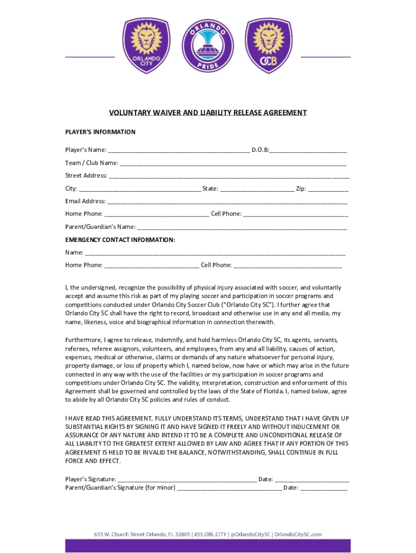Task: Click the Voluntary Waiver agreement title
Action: [x=208, y=113]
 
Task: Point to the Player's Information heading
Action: [x=100, y=132]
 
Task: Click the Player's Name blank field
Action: [x=178, y=150]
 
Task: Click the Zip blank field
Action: [x=328, y=188]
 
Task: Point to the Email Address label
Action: [x=85, y=201]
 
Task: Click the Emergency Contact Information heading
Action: [x=120, y=239]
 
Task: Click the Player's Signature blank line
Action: [x=187, y=479]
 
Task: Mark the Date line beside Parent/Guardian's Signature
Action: [x=324, y=488]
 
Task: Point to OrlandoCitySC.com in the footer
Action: [x=298, y=534]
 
